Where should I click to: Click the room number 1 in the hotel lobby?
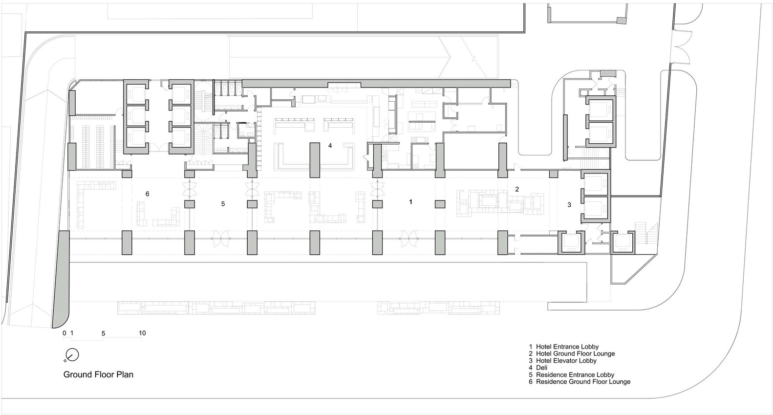click(410, 202)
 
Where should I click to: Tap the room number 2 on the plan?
click(517, 189)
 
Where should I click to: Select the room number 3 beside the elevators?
click(569, 205)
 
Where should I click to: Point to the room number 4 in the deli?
click(330, 146)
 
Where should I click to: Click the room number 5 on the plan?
click(223, 204)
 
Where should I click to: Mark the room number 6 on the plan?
click(148, 194)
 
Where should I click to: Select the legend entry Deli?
click(541, 368)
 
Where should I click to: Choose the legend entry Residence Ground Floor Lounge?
click(583, 382)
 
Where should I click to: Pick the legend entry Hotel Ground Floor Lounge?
click(575, 353)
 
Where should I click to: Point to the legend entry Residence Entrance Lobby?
click(575, 374)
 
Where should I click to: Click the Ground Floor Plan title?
click(98, 374)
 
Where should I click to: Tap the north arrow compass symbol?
click(72, 355)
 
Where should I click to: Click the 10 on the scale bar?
click(142, 333)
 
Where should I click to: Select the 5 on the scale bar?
click(103, 333)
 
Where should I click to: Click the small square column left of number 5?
click(190, 204)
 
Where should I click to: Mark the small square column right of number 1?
click(440, 204)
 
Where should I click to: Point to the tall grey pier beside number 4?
click(315, 160)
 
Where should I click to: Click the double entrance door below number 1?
click(409, 239)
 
